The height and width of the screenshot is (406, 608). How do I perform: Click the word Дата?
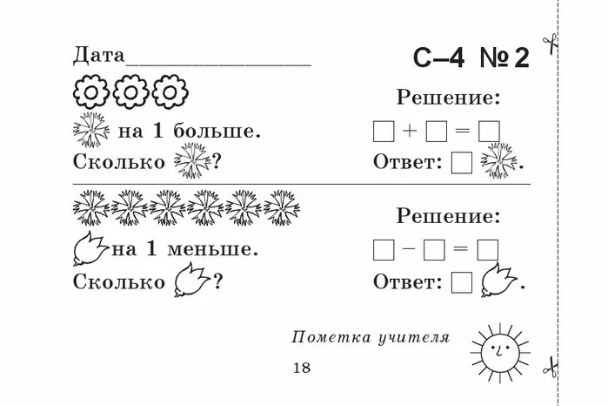(99, 57)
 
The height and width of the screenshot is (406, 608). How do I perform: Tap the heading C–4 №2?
(471, 58)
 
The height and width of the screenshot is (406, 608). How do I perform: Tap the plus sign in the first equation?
(410, 132)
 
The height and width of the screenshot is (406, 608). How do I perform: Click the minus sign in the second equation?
(410, 249)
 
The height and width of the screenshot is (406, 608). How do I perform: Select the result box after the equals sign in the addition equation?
(489, 132)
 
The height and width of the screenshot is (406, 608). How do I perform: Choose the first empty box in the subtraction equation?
(383, 250)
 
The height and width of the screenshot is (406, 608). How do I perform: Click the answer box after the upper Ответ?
(463, 163)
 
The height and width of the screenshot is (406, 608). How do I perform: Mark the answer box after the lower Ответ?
(463, 281)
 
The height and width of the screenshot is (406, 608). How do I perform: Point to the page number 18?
(302, 368)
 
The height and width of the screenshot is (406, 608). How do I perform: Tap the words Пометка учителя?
(371, 338)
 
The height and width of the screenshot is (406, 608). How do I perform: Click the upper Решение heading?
(448, 98)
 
